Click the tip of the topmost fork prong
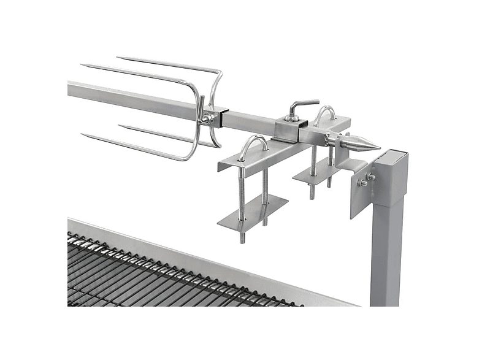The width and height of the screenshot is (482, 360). click(118, 59)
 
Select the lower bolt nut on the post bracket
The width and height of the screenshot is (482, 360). click(363, 183)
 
